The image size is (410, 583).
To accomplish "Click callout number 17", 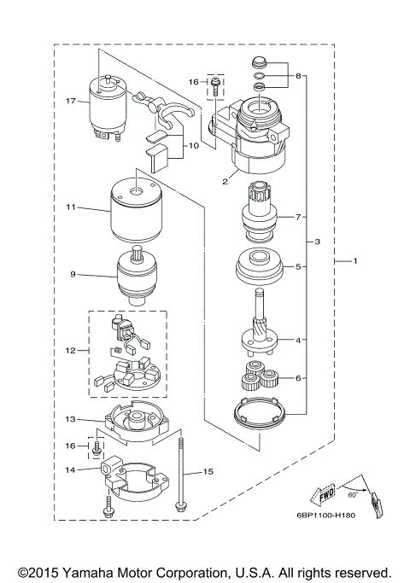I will [73, 101].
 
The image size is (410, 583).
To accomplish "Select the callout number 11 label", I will [71, 207].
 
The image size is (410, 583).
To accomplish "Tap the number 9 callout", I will [73, 275].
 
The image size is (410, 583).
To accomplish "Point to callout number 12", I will [72, 350].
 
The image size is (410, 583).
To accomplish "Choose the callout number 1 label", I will [357, 261].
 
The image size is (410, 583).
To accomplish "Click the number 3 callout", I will [317, 242].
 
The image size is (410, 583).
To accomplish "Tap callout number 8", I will [298, 76].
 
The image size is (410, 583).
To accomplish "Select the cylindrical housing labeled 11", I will [135, 210].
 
